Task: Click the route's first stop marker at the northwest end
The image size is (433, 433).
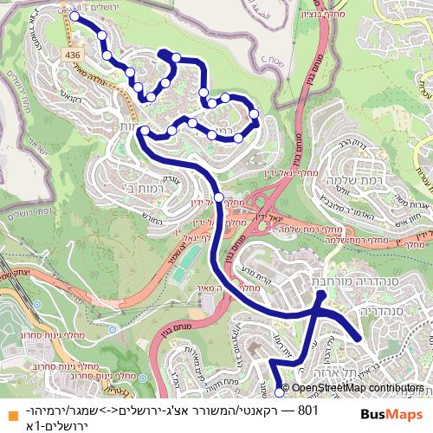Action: click(74, 16)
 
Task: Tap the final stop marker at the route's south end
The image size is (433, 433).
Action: click(279, 391)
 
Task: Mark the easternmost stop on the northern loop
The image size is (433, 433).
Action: click(255, 114)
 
